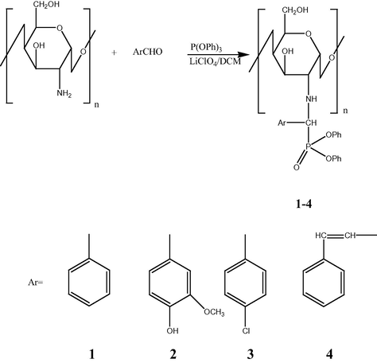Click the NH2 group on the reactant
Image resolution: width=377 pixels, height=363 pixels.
[64, 93]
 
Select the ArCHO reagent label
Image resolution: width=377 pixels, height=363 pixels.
[147, 52]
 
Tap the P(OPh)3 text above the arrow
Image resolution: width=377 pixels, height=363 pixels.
[206, 48]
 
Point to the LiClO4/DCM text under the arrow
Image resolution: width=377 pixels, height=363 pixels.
[215, 62]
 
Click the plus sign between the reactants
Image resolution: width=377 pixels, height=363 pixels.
[114, 53]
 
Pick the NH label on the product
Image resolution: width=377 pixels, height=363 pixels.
[311, 99]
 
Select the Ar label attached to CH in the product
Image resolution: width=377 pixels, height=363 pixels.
[282, 123]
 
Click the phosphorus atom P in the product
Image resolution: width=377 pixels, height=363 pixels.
[309, 146]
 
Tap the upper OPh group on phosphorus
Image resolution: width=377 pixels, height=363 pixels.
[333, 135]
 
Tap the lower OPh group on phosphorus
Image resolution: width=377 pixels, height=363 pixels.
[333, 158]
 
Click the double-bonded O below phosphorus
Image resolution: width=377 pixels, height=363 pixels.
[297, 167]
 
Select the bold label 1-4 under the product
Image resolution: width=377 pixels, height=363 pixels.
[304, 204]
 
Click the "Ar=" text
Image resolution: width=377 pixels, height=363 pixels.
[35, 283]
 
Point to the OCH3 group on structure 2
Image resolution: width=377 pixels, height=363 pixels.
[214, 312]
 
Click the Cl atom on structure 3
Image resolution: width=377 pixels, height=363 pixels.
[246, 331]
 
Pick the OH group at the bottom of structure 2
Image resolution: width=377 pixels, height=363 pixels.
[173, 331]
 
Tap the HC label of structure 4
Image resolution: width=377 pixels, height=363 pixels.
[321, 236]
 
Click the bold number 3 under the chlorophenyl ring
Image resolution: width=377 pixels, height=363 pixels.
[251, 354]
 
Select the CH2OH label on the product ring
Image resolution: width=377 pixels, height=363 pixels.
[295, 10]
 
